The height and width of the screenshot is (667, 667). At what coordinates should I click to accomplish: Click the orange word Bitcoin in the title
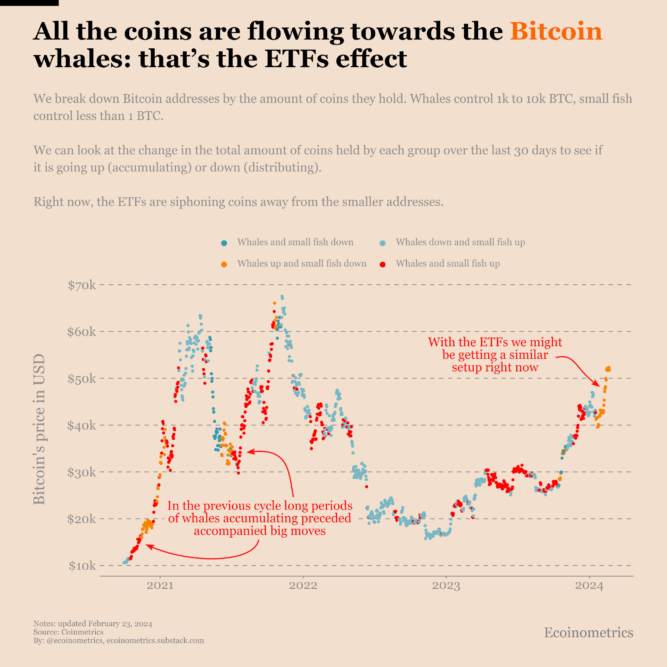pos(556,31)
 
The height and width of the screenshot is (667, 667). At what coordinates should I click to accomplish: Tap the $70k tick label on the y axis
pos(82,286)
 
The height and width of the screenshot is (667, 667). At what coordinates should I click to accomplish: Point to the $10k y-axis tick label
pos(82,566)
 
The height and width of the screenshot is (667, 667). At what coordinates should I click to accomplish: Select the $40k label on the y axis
pos(82,426)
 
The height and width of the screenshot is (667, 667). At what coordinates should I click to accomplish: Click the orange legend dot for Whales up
pos(224,264)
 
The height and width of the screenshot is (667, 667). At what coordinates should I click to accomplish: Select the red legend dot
pos(382,264)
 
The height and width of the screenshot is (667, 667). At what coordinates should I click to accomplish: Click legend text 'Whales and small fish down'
pos(295,242)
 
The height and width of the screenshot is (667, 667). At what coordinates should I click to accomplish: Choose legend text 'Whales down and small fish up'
pos(460,242)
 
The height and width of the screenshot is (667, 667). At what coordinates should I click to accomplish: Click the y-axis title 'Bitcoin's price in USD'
pos(39,429)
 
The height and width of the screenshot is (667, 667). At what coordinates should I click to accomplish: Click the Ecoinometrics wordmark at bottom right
pos(588,633)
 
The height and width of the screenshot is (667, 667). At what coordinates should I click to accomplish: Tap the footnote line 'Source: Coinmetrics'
pos(68,632)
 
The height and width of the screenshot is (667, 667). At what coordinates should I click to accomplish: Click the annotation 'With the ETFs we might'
pos(495,342)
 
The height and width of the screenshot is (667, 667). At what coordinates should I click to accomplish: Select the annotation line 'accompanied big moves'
pos(259,531)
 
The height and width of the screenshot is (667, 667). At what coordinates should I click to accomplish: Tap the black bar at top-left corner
pos(29,3)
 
